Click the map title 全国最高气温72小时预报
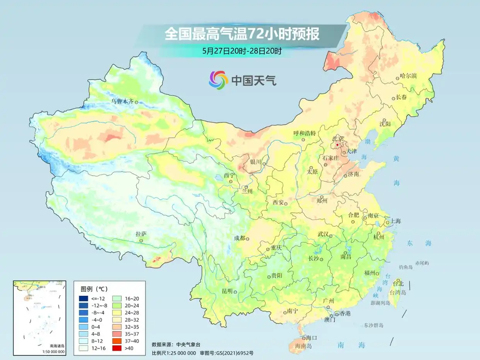click(242, 34)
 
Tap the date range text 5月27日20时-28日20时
click(242, 51)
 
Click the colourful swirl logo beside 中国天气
click(218, 80)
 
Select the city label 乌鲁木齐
click(122, 101)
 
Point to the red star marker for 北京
click(337, 145)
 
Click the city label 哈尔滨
click(409, 76)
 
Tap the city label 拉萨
click(141, 234)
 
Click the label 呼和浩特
click(305, 133)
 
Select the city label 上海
click(396, 221)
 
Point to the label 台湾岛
click(398, 293)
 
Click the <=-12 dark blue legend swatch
click(83, 298)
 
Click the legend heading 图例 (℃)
click(94, 289)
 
